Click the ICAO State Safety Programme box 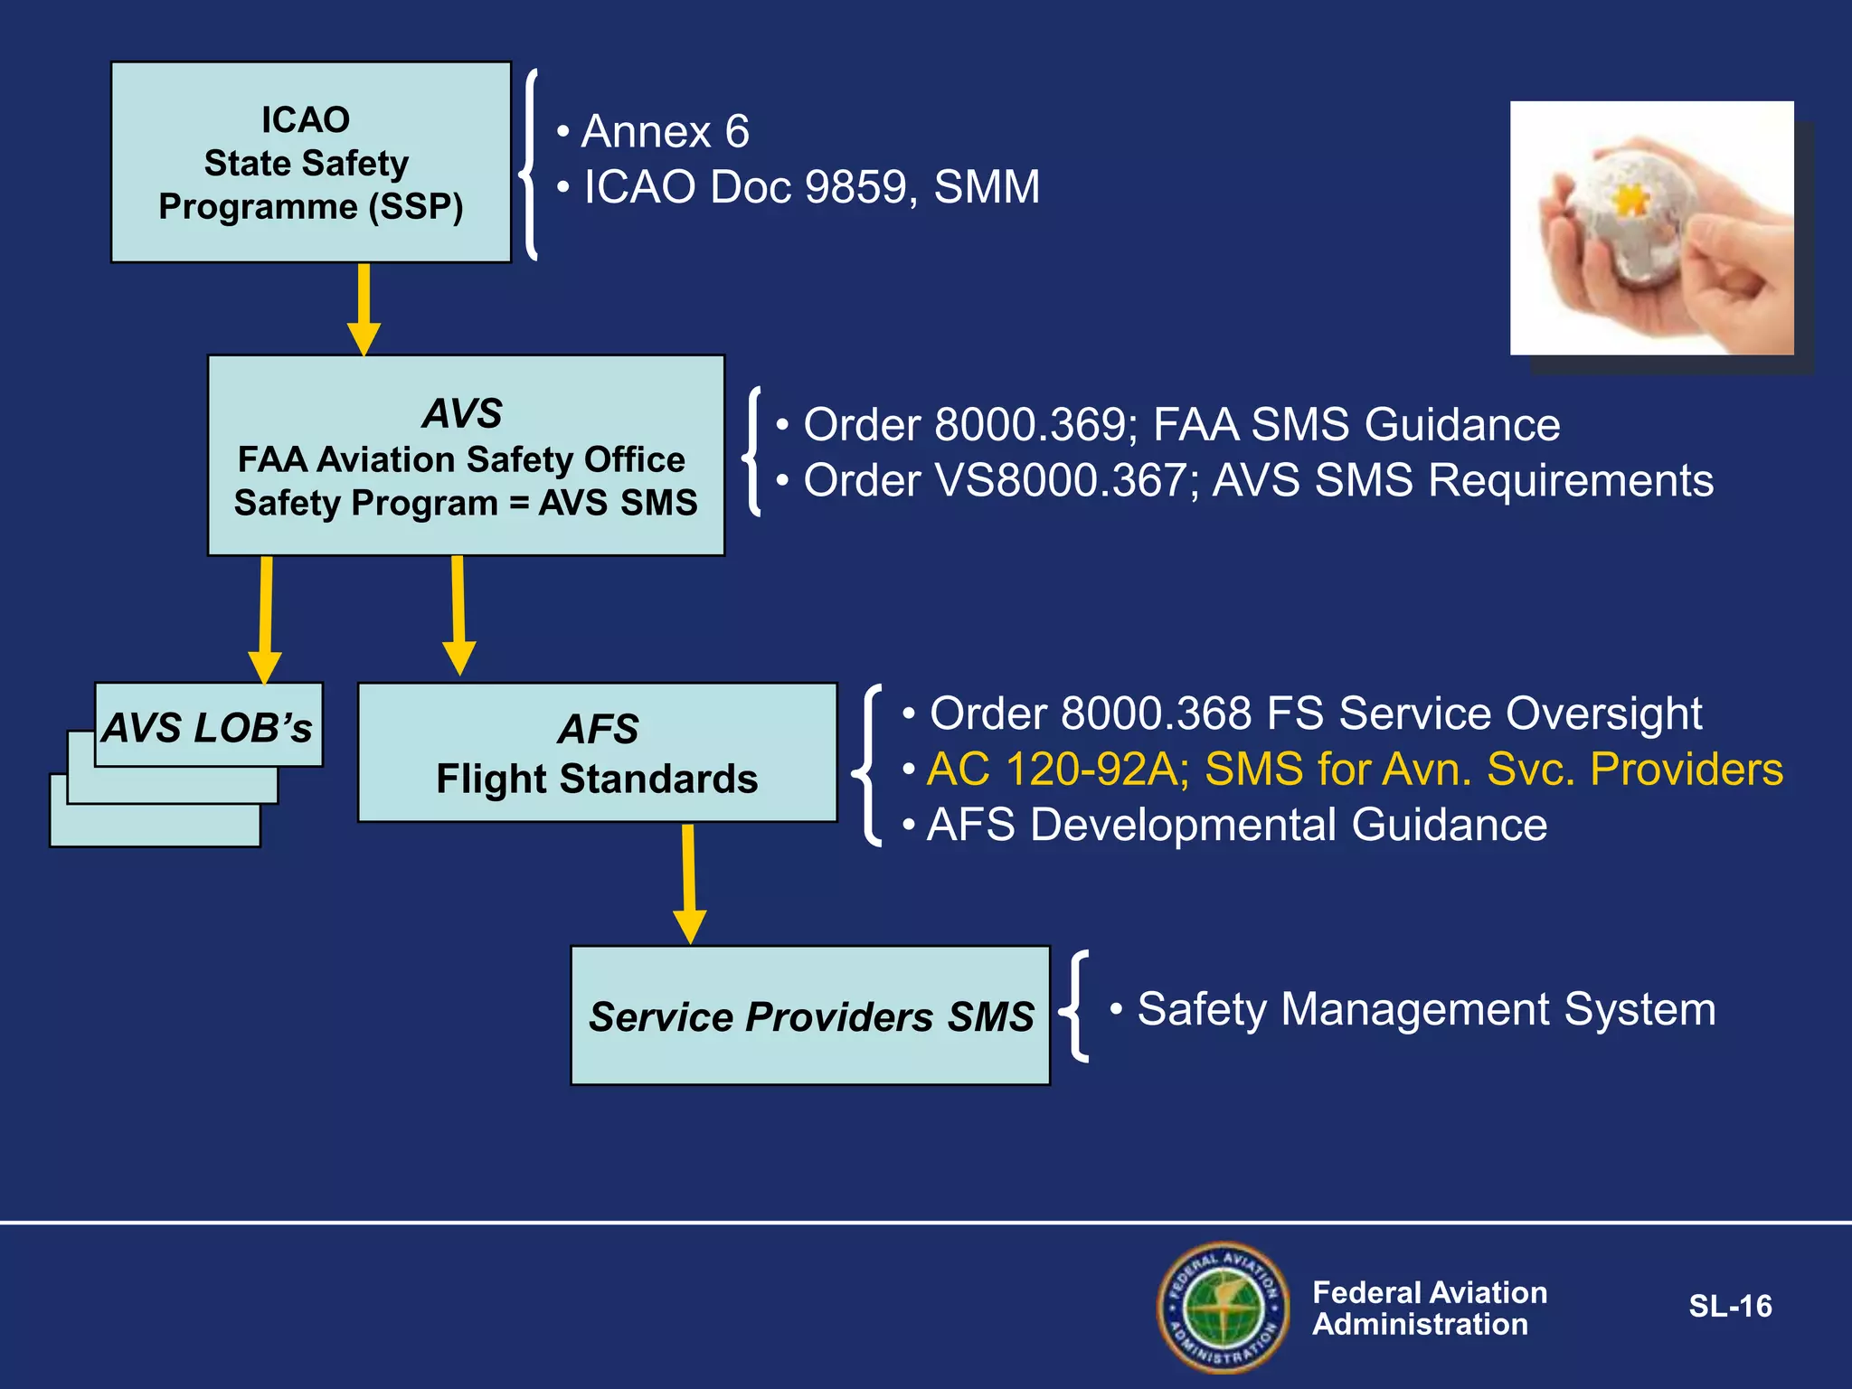point(310,163)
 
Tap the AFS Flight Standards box point(597,752)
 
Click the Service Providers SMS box point(810,1016)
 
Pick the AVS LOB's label point(208,726)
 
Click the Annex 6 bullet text point(665,132)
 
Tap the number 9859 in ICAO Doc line point(855,187)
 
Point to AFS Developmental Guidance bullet point(1236,825)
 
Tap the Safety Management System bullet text point(1425,1009)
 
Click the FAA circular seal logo point(1223,1307)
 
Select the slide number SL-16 point(1729,1306)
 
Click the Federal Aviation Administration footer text point(1429,1308)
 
